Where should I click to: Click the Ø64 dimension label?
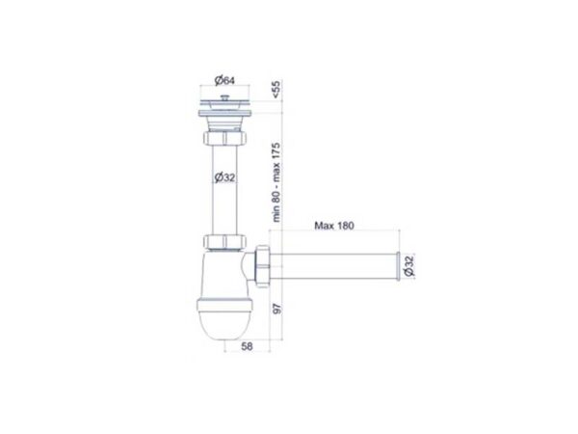pyautogui.click(x=224, y=80)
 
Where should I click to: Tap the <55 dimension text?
pyautogui.click(x=276, y=90)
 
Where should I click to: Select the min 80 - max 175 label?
pyautogui.click(x=276, y=182)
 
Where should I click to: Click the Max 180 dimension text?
pyautogui.click(x=334, y=226)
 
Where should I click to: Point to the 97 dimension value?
pyautogui.click(x=277, y=309)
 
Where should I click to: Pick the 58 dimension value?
pyautogui.click(x=247, y=346)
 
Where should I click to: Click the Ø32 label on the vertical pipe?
pyautogui.click(x=224, y=177)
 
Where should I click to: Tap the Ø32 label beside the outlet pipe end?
pyautogui.click(x=409, y=266)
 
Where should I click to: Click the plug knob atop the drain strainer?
pyautogui.click(x=224, y=97)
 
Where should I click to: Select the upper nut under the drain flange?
pyautogui.click(x=224, y=138)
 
